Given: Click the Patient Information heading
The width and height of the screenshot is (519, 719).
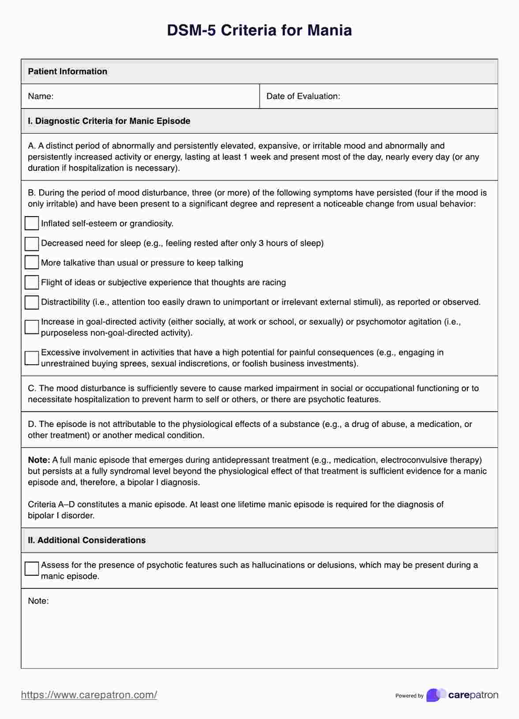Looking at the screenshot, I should point(68,71).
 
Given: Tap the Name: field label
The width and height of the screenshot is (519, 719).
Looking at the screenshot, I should point(41,96).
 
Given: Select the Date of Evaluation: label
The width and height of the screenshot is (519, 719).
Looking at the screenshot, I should point(303,96).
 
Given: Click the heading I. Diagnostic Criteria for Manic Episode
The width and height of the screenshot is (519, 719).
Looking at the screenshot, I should point(109,121).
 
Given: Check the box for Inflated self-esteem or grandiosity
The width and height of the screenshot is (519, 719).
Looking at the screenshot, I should point(32,223).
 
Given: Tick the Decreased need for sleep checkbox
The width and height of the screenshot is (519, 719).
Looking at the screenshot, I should point(32,243).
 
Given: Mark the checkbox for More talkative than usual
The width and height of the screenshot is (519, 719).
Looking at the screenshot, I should point(32,262).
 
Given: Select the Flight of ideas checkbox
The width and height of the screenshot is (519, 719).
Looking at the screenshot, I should point(32,282).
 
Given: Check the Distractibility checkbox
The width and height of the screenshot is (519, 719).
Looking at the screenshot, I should point(32,302).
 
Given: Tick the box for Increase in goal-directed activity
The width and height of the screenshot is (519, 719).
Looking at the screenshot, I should point(32,327).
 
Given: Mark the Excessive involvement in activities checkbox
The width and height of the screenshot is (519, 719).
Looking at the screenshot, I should point(32,358).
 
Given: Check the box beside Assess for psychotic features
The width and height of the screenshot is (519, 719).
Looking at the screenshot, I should point(32,569).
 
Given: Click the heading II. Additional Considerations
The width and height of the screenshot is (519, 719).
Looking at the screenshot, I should point(86,540).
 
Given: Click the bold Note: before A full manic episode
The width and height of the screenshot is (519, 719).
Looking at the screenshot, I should point(39,460).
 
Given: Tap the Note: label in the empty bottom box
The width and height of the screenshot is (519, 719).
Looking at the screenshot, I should point(38,601).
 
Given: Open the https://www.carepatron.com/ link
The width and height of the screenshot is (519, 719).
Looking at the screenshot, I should point(89,695).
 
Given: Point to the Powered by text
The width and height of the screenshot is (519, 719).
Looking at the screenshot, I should point(409,696).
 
